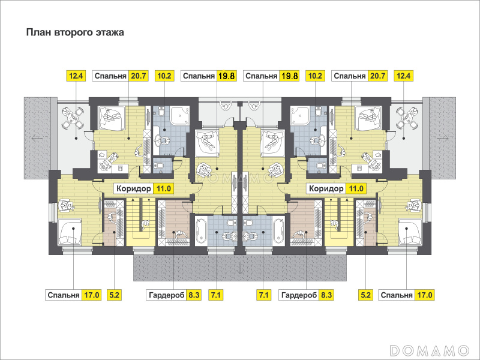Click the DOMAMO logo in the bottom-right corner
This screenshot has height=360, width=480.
tap(430, 350)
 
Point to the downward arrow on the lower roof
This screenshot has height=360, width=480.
tap(240, 268)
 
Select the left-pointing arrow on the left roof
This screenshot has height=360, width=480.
tap(37, 138)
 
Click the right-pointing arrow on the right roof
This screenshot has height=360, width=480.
tap(443, 138)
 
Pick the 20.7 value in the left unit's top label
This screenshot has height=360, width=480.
tap(139, 76)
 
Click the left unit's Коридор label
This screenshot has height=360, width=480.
tap(133, 188)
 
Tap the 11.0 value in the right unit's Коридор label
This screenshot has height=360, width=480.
tap(356, 188)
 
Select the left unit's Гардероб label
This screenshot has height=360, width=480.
tap(167, 295)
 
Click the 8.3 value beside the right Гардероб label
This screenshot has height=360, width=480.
tap(326, 295)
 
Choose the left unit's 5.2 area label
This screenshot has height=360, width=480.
tap(114, 295)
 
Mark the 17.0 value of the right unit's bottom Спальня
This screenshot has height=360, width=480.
tap(424, 295)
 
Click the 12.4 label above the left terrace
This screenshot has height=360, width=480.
tap(76, 76)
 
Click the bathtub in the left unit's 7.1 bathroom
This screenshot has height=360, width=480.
tap(201, 231)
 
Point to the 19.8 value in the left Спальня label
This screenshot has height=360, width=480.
tap(227, 76)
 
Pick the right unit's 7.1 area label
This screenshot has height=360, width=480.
tap(263, 295)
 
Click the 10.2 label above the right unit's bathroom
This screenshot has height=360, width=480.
tap(316, 76)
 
